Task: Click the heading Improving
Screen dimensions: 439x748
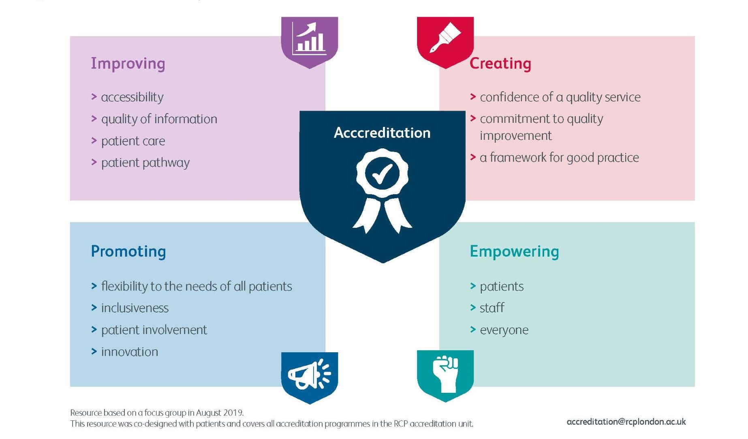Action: (x=128, y=64)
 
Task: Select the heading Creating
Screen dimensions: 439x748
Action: (x=500, y=64)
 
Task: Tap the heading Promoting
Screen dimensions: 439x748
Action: (x=128, y=251)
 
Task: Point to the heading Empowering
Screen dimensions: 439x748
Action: (x=514, y=251)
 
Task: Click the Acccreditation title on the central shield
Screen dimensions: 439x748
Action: (x=382, y=133)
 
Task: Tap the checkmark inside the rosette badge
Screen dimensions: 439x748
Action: (x=382, y=173)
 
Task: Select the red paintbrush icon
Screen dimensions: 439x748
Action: (x=445, y=39)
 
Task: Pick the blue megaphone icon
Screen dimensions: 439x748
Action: (x=310, y=375)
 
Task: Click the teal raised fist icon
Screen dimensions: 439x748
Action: (x=445, y=374)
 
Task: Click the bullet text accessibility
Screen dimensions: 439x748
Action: (x=132, y=97)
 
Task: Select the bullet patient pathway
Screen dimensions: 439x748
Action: (x=145, y=163)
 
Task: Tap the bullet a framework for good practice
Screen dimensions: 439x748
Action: (x=559, y=157)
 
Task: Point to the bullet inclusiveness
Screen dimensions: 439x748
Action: (x=135, y=308)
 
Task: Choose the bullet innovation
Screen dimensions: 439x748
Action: (x=129, y=352)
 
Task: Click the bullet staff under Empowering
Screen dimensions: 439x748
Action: (x=492, y=308)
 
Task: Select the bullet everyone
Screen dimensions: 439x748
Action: (x=504, y=330)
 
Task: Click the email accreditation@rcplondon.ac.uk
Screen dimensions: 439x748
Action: (x=626, y=422)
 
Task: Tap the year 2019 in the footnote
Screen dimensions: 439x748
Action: (x=233, y=413)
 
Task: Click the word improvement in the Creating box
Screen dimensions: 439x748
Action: (x=515, y=136)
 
